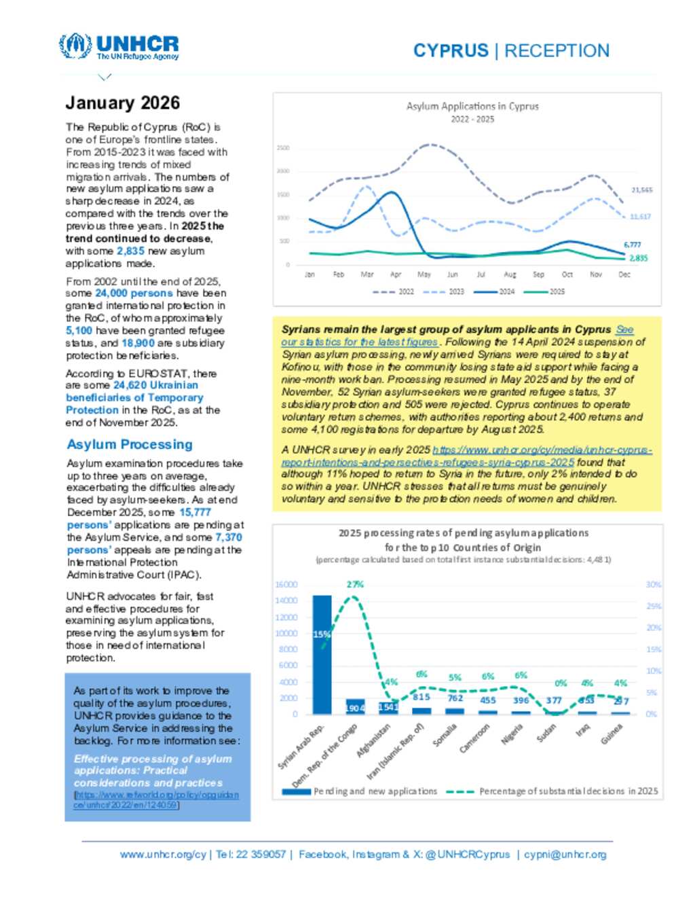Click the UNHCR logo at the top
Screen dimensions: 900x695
(x=119, y=47)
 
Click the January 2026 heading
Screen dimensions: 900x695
(x=123, y=103)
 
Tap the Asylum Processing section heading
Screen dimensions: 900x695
(x=130, y=444)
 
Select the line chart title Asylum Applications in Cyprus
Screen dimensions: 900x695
(x=472, y=106)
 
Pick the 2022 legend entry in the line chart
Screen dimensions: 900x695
(x=394, y=291)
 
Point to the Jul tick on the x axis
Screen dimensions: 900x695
(x=481, y=274)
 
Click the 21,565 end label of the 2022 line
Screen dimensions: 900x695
(x=641, y=190)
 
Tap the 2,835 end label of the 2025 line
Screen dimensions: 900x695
(x=638, y=258)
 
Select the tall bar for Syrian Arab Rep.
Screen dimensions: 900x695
(x=322, y=654)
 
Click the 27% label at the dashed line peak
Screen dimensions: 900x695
(x=355, y=584)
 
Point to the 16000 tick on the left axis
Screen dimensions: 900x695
(x=286, y=584)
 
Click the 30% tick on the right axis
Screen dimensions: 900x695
(x=653, y=584)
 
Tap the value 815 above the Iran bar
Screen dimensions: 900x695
(x=421, y=697)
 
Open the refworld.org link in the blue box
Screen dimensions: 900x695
(x=156, y=799)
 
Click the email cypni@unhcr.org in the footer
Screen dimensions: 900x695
(x=565, y=854)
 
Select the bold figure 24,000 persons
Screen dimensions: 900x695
(x=134, y=293)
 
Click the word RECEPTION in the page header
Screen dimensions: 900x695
(x=557, y=51)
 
